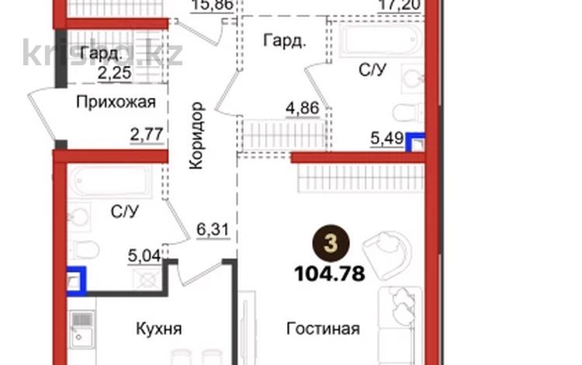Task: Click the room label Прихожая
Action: (116, 101)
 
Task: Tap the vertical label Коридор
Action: (196, 134)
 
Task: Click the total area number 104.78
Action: (330, 273)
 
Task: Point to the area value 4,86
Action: (303, 108)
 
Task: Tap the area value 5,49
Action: (387, 139)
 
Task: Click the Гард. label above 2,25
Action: (102, 54)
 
